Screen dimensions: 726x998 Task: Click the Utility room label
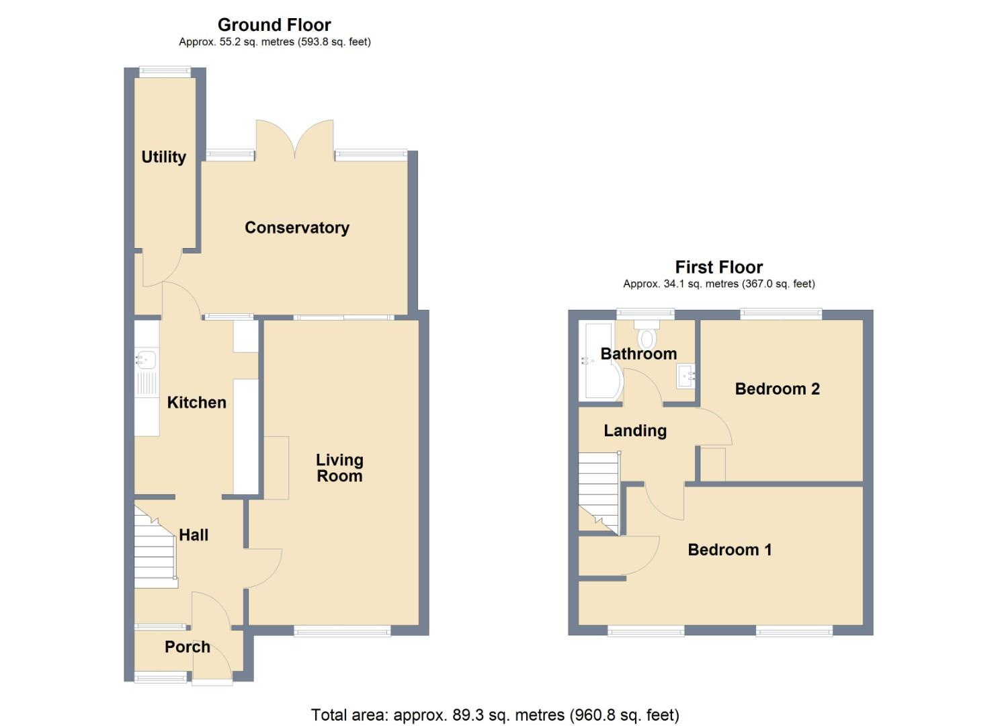point(163,157)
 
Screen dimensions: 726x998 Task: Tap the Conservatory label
point(296,228)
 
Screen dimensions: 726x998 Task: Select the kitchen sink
point(146,361)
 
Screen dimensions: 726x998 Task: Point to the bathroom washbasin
point(686,376)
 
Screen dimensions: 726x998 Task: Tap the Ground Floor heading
point(274,25)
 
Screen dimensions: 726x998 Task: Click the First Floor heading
point(718,267)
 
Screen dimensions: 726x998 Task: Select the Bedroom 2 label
point(777,389)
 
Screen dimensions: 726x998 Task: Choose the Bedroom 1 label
point(729,550)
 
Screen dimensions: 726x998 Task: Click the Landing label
point(634,431)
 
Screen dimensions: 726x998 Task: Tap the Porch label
point(188,647)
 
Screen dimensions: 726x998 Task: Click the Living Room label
point(339,468)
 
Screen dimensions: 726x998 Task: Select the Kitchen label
point(196,403)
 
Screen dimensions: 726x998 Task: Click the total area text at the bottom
point(495,715)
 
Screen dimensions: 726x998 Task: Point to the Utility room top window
point(165,72)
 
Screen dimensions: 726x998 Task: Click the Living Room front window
point(342,631)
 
